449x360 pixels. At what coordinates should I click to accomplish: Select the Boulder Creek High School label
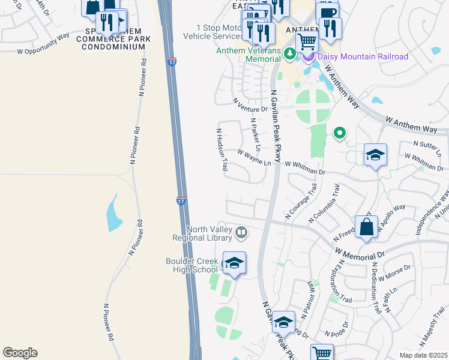[x=191, y=265]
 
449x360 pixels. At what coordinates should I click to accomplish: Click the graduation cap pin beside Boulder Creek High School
[x=234, y=263]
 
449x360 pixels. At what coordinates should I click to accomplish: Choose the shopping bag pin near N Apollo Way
[x=366, y=227]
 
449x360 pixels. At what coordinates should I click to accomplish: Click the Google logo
[x=20, y=353]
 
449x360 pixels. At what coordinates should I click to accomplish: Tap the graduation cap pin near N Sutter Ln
[x=375, y=155]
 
